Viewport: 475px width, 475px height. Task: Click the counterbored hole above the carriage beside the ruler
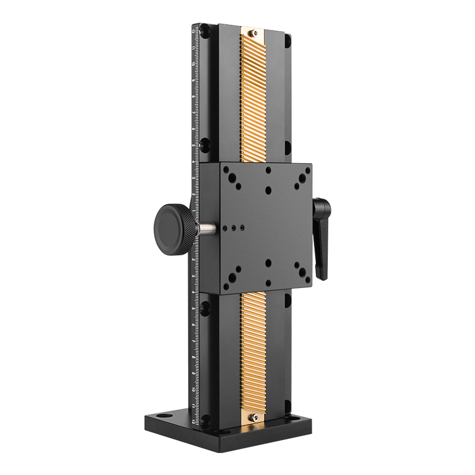(x=205, y=143)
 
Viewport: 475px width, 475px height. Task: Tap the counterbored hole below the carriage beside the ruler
(x=205, y=308)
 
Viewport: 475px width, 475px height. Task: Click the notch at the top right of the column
(x=287, y=41)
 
